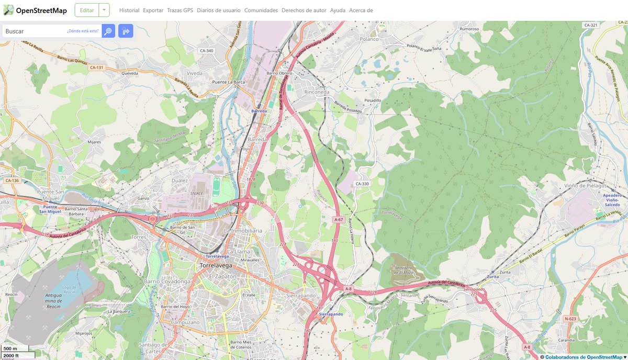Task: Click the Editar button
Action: coord(87,10)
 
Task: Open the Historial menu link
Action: coord(129,10)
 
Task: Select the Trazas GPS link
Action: coord(180,10)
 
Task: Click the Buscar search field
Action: coord(35,31)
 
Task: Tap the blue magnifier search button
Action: coord(108,31)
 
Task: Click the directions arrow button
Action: coord(126,31)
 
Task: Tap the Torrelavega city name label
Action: coord(216,265)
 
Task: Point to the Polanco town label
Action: coord(369,39)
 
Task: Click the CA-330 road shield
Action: coord(362,184)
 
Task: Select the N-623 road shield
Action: coord(570,318)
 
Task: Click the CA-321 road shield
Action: coord(590,25)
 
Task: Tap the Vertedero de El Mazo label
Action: coord(403,269)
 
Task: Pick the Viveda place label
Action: coord(194,73)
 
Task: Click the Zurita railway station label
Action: coord(492,276)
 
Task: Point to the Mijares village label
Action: coord(94,142)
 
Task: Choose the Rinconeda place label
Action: coord(317,92)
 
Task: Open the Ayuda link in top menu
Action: coord(338,10)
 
